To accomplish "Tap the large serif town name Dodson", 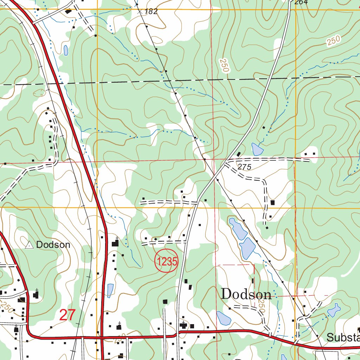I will pyautogui.click(x=246, y=294).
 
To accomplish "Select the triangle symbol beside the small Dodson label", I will pyautogui.click(x=30, y=245).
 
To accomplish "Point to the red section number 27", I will pyautogui.click(x=67, y=315).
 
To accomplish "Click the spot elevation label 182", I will pyautogui.click(x=151, y=12).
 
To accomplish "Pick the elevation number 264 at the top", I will pyautogui.click(x=301, y=2).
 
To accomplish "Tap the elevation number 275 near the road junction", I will pyautogui.click(x=244, y=167).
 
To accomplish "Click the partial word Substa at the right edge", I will pyautogui.click(x=343, y=337).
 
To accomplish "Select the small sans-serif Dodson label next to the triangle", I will pyautogui.click(x=53, y=245).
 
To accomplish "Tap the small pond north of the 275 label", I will pyautogui.click(x=257, y=149).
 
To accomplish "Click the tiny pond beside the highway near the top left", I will pyautogui.click(x=66, y=50).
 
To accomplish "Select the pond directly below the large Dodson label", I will pyautogui.click(x=223, y=318).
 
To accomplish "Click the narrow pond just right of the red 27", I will pyautogui.click(x=110, y=290).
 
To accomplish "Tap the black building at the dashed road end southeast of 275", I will pyautogui.click(x=272, y=202).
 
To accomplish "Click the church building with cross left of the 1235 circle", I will pyautogui.click(x=115, y=243).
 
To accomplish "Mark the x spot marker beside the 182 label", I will pyautogui.click(x=140, y=12).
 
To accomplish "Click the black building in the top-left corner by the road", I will pyautogui.click(x=68, y=12).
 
